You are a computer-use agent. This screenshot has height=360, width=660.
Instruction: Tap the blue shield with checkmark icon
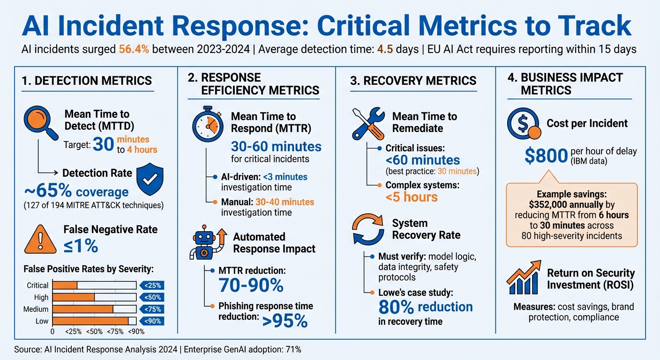150,179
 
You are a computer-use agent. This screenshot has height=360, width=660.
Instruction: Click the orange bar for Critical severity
65,285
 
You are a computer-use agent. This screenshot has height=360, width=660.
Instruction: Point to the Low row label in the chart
42,321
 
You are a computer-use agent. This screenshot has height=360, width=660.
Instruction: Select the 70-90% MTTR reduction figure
251,285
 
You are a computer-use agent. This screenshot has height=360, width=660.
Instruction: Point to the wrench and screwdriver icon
368,123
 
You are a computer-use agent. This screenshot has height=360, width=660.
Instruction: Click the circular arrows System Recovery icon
368,229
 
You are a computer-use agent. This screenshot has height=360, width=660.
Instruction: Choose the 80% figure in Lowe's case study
396,307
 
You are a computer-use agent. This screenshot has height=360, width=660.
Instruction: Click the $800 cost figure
546,156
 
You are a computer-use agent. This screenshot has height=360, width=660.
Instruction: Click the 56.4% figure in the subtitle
134,49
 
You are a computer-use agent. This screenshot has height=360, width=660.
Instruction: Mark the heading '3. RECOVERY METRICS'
413,80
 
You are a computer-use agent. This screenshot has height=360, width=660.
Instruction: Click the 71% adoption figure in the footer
292,349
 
